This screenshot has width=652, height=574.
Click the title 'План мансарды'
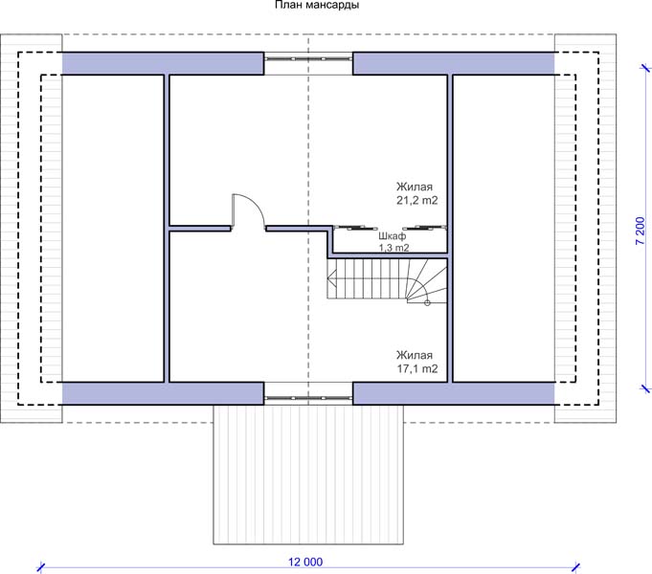pos(317,5)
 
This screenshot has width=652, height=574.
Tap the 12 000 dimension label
pos(305,562)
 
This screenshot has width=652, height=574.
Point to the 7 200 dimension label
pos(641,232)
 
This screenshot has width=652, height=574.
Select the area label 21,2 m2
pos(416,200)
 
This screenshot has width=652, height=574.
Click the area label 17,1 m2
pos(416,368)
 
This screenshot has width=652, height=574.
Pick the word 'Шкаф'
pos(393,236)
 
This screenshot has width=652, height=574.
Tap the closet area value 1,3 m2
pos(393,248)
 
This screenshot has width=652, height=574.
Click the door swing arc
pos(254,204)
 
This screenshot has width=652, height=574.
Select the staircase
pos(387,280)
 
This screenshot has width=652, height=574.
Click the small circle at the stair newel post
pos(427,302)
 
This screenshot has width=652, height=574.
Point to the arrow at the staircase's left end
pos(332,277)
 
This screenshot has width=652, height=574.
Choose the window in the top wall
pos(308,59)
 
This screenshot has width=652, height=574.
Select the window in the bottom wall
pos(308,398)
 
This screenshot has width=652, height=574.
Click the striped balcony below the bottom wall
pos(308,474)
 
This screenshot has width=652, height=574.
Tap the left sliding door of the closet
pos(355,228)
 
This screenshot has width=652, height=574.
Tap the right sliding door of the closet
pos(424,228)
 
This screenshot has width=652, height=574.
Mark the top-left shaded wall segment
pos(163,63)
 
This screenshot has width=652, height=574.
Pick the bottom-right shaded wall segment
pos(454,393)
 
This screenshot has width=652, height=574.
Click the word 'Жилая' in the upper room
pos(415,187)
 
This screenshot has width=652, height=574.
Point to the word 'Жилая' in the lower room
pos(415,355)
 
